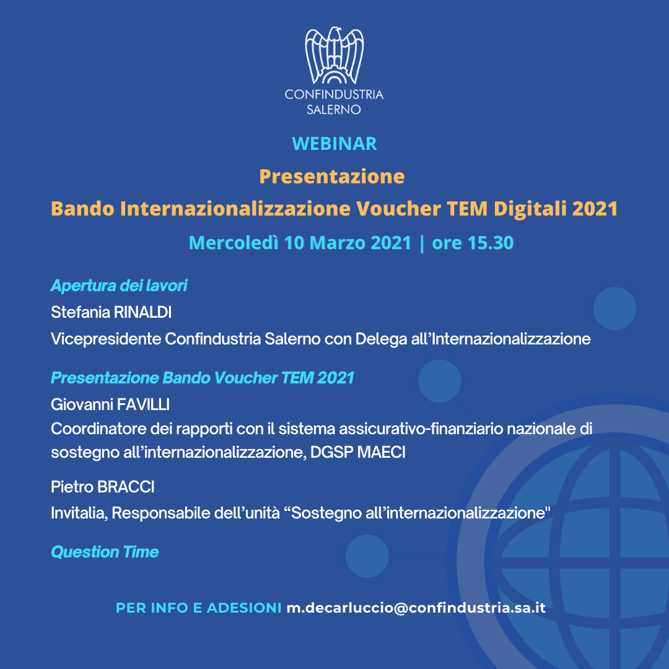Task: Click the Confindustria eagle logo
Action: pos(334,55)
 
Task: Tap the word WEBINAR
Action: pos(334,144)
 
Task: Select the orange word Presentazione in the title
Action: pos(332,177)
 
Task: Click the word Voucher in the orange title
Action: pos(398,209)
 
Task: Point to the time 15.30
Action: pos(491,243)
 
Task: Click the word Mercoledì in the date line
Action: pos(234,243)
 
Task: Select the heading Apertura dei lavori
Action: pos(119,286)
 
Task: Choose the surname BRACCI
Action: pos(126,487)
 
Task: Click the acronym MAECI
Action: pos(382,452)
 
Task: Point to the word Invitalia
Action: pos(79,513)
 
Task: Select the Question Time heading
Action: pos(105,552)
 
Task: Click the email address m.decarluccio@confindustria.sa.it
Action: pos(416,608)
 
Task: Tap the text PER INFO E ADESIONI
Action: pos(199,608)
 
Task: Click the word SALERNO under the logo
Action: pos(334,110)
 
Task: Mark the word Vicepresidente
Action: pos(107,339)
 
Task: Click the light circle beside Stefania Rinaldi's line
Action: pos(614,308)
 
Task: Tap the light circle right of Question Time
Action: pos(367,556)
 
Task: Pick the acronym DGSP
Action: pos(332,452)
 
